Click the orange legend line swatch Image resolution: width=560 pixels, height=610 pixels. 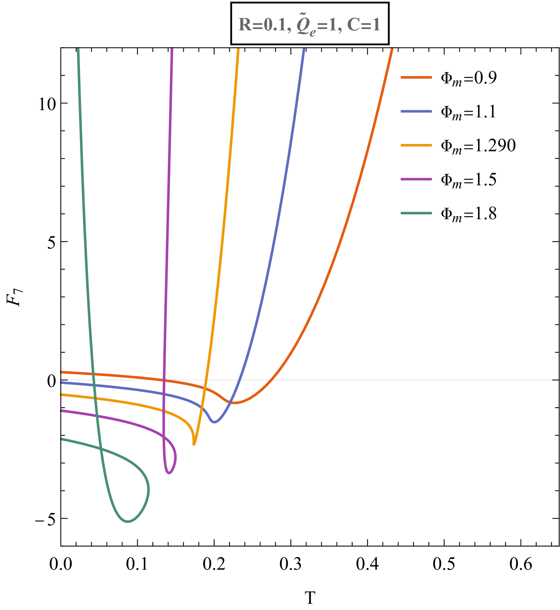[x=416, y=78]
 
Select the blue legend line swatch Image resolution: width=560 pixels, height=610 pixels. [x=416, y=111]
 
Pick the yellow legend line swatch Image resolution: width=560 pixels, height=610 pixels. [x=416, y=145]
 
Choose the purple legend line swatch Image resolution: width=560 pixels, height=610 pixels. [x=416, y=179]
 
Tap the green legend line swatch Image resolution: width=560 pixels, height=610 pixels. [x=416, y=213]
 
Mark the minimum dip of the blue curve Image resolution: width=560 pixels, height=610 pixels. [x=214, y=422]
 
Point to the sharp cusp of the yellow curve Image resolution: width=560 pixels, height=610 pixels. [x=194, y=444]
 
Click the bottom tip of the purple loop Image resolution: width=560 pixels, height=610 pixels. [x=169, y=473]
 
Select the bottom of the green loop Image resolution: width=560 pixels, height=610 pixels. [x=128, y=522]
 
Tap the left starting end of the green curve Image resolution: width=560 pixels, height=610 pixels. [x=61, y=439]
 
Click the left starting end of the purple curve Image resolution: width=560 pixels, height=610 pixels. [x=61, y=411]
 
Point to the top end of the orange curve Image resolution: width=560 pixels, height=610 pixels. [x=392, y=49]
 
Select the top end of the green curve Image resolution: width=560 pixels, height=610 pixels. [x=78, y=49]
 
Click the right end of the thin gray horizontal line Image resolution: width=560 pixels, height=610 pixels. [x=552, y=380]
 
